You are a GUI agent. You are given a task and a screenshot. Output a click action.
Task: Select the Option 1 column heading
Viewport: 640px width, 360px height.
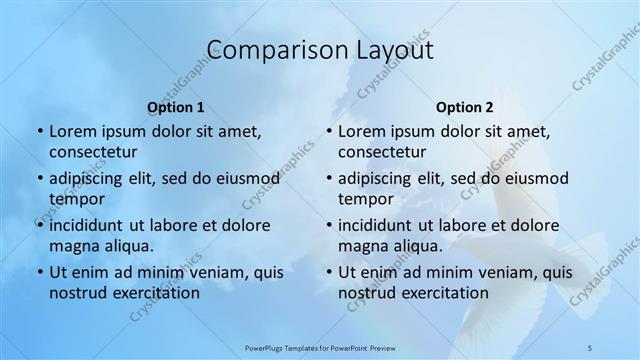click(x=176, y=107)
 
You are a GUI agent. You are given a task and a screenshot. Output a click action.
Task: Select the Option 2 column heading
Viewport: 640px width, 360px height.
click(x=465, y=107)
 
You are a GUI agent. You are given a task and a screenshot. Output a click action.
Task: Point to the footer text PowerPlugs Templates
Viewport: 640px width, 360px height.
click(x=291, y=347)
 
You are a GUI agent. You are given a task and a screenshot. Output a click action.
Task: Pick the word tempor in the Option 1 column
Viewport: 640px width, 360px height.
click(x=73, y=199)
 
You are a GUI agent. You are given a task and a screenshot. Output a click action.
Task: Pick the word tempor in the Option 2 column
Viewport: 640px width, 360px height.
click(x=362, y=199)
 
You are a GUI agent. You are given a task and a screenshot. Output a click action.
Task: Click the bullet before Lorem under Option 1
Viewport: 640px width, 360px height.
click(x=39, y=132)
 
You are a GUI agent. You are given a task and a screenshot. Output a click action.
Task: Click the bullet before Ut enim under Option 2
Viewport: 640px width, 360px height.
click(x=328, y=272)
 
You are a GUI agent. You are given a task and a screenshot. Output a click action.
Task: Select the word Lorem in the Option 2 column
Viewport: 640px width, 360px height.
click(x=361, y=131)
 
